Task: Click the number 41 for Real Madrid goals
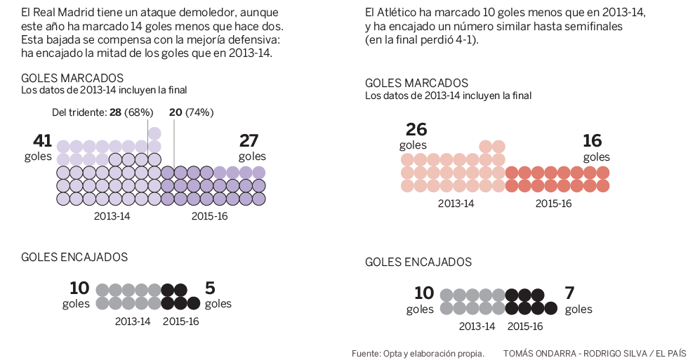(43, 141)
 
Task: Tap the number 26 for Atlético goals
(416, 130)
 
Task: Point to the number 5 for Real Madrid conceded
(210, 288)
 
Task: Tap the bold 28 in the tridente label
(116, 112)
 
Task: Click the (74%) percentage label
(199, 112)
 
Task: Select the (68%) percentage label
(140, 112)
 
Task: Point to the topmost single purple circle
(154, 133)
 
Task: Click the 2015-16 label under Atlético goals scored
(553, 204)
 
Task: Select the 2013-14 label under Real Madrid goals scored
(112, 216)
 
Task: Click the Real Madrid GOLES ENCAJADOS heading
(74, 258)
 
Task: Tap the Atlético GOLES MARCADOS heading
(416, 84)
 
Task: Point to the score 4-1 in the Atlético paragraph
(463, 40)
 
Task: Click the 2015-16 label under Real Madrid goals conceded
(180, 321)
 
